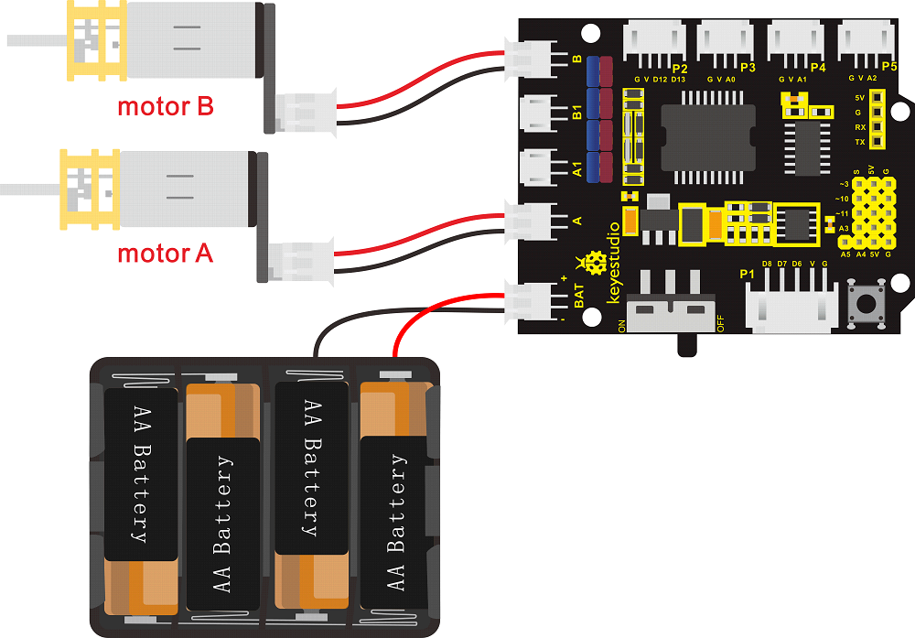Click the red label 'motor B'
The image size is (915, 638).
coord(166,106)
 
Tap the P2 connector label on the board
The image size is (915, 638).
coord(679,69)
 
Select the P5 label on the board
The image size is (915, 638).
coord(888,68)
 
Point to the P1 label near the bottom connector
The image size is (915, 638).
coord(748,274)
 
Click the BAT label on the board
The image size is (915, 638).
coord(578,295)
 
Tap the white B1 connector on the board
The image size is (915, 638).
coord(535,114)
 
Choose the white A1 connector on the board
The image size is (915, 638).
coord(535,168)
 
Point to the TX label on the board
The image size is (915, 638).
coord(859,142)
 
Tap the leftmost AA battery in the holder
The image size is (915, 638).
coord(140,473)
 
